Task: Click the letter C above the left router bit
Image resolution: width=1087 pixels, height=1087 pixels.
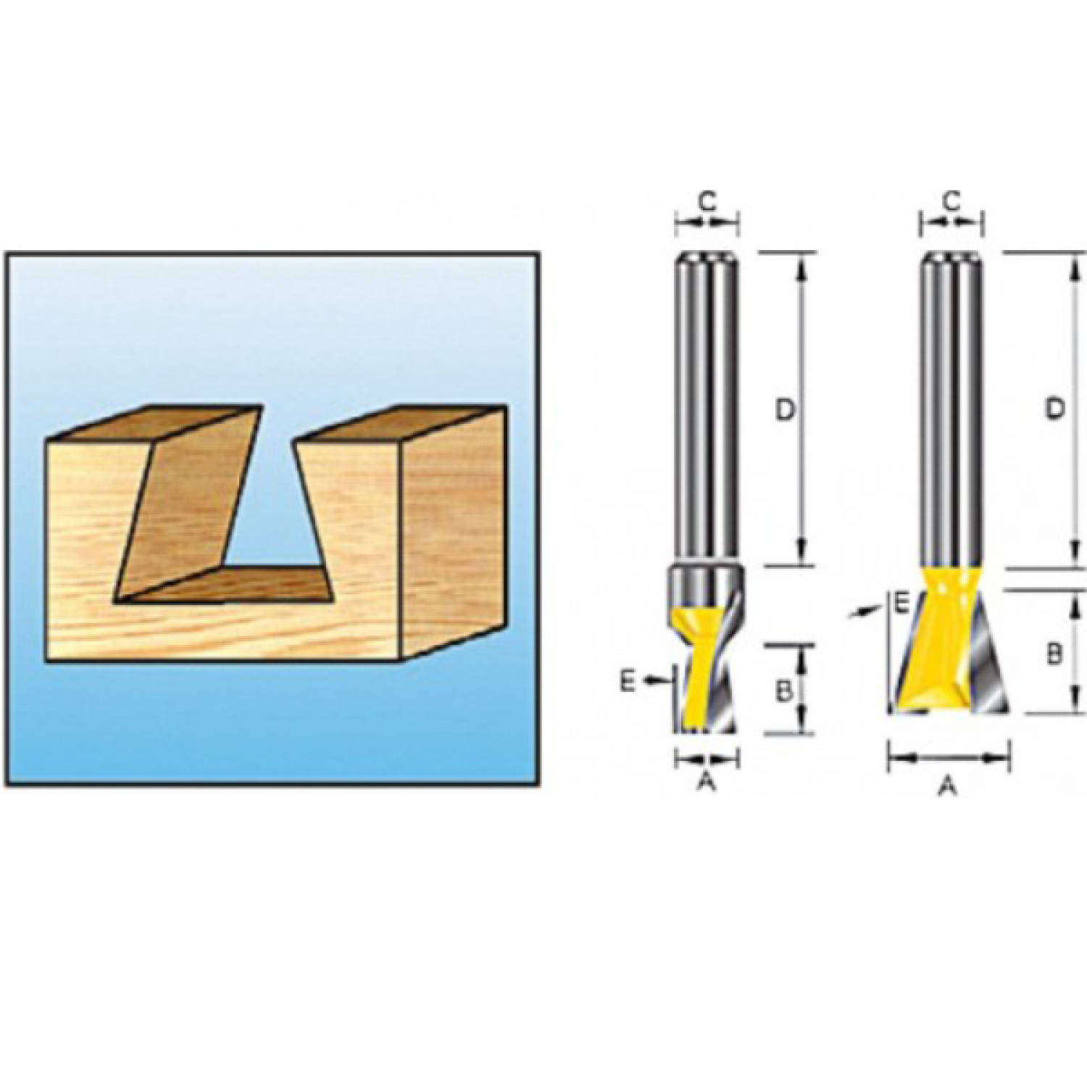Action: pyautogui.click(x=707, y=199)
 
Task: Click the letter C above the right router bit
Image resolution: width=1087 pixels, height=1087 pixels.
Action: pyautogui.click(x=952, y=199)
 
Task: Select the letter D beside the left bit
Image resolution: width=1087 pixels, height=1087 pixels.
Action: pyautogui.click(x=786, y=411)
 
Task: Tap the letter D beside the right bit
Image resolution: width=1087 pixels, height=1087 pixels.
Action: pyautogui.click(x=1055, y=409)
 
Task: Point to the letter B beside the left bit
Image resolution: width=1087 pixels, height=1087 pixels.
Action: pyautogui.click(x=783, y=691)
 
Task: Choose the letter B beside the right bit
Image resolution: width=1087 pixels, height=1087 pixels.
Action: pyautogui.click(x=1054, y=654)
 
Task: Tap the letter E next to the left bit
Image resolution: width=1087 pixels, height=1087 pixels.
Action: pyautogui.click(x=628, y=680)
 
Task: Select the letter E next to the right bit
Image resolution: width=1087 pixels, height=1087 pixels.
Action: pyautogui.click(x=900, y=603)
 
